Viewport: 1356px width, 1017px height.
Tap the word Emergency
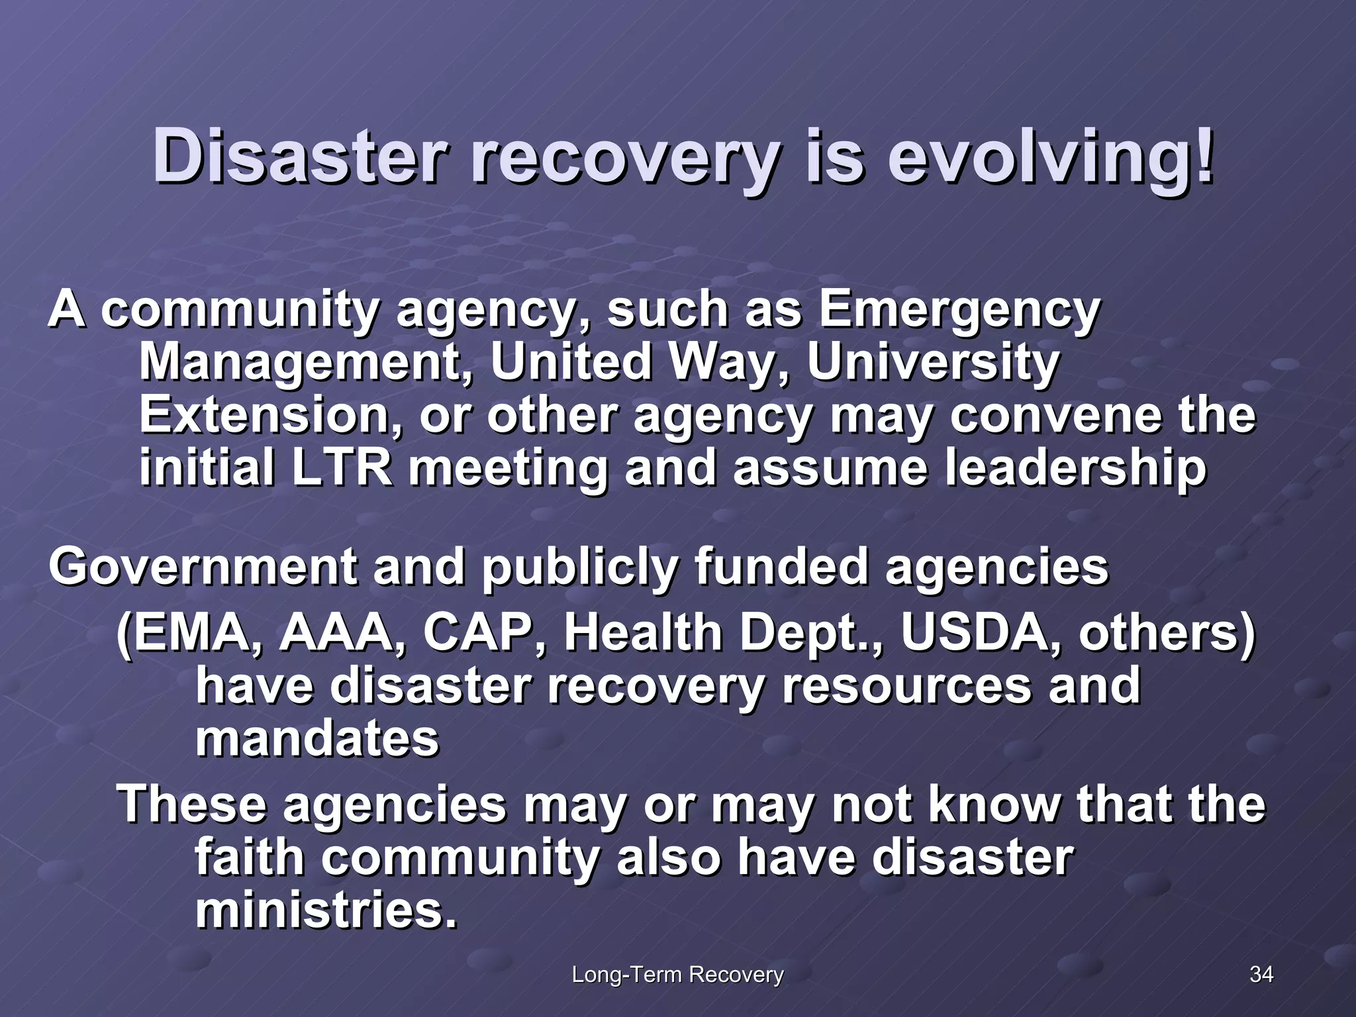tap(959, 310)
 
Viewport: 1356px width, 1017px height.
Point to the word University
tap(933, 362)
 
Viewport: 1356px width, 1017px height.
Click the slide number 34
tap(1261, 974)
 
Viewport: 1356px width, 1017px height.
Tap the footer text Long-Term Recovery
tap(677, 975)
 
